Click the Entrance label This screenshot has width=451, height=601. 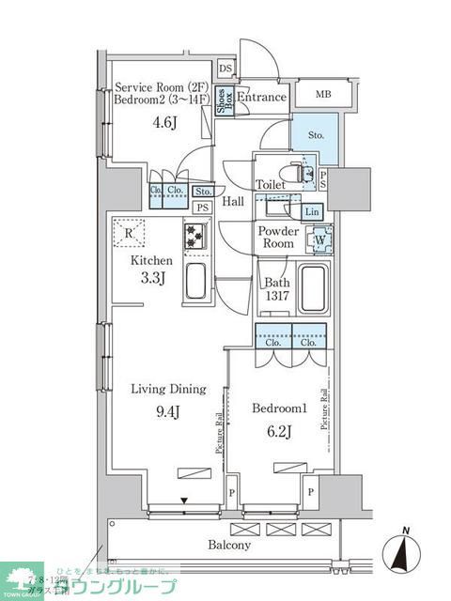[260, 98]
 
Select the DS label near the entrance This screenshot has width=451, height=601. [225, 69]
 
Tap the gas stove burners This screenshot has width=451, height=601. [194, 237]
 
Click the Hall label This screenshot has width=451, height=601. [233, 201]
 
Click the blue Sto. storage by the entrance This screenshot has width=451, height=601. [317, 135]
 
